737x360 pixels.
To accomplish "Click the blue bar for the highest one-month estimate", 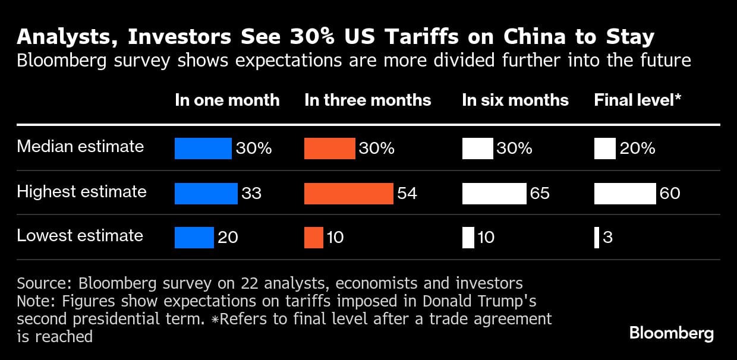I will tap(206, 193).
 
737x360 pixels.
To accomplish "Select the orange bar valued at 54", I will tap(348, 193).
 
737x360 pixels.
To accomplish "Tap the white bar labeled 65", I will tap(494, 193).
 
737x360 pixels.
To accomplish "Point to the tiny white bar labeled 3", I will tap(596, 238).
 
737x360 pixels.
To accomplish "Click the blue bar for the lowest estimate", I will tap(194, 238).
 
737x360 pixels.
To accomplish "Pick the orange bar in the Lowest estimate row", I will tap(314, 238).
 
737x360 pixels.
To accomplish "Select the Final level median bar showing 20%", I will tap(604, 148).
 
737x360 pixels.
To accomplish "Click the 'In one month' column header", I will tap(227, 100).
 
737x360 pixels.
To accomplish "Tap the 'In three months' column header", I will tap(367, 100).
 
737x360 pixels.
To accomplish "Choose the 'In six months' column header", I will tap(515, 100).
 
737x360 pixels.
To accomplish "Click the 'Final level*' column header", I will tap(637, 100).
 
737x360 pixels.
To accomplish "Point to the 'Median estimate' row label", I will tap(80, 146).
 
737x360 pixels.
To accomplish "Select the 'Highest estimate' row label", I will tap(81, 191).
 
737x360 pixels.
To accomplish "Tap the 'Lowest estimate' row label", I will tap(80, 235).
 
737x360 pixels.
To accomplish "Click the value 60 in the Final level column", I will tap(670, 193).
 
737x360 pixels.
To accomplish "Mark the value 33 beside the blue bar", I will tap(251, 193).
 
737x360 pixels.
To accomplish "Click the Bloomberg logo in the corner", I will tap(671, 333).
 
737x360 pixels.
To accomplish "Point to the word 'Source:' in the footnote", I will tap(45, 283).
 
